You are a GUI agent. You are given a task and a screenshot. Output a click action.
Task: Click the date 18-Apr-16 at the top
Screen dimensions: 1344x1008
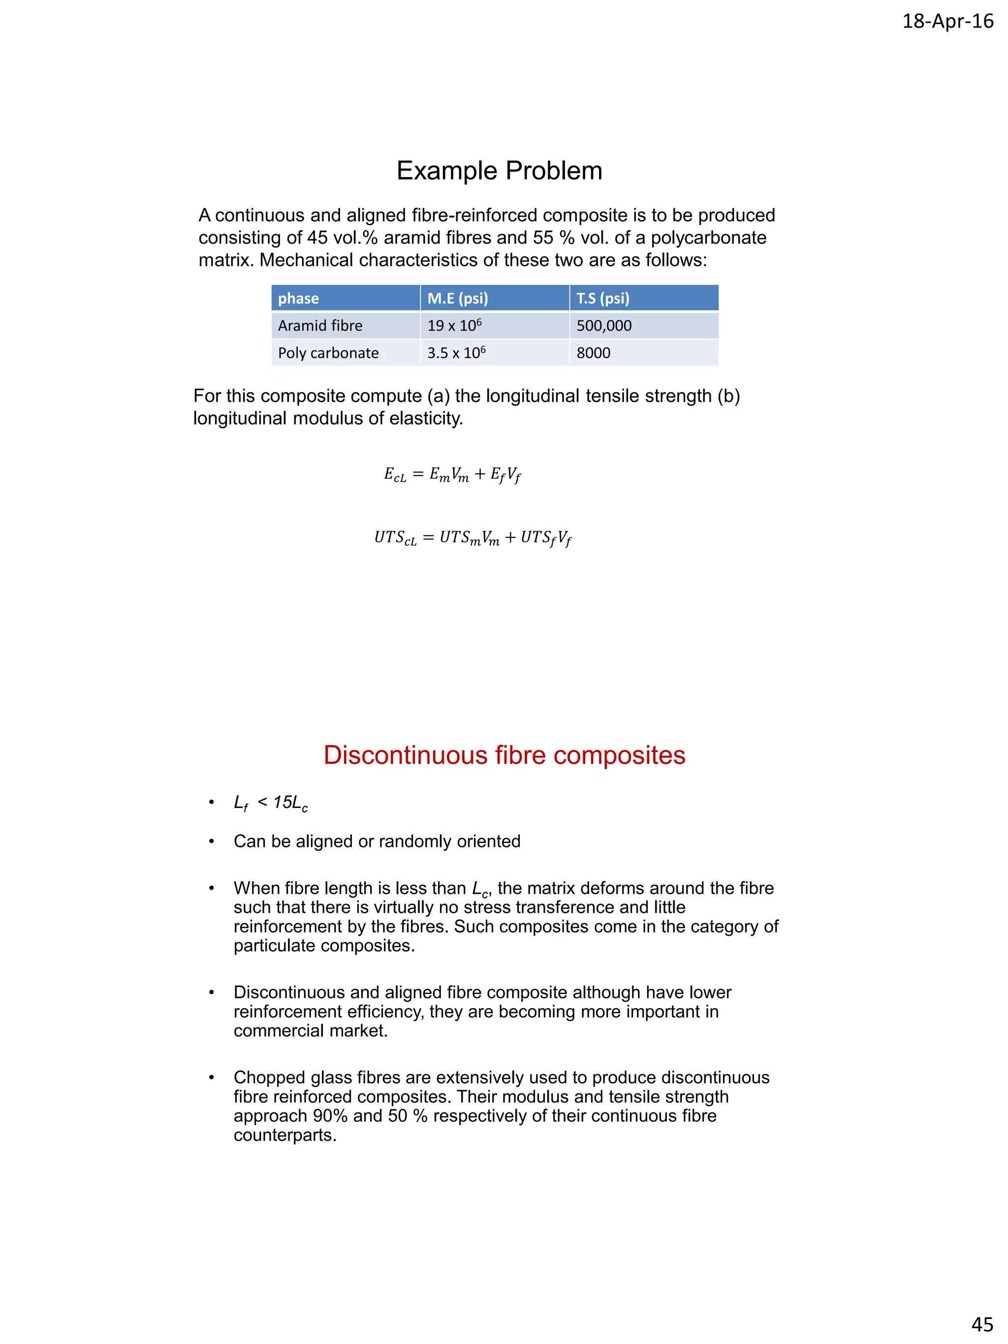947,21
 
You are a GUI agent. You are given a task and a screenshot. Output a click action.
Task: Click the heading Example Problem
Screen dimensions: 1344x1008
499,171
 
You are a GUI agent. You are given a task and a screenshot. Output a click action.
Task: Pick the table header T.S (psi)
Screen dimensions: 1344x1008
603,298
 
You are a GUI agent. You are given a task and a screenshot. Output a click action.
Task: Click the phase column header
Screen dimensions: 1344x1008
298,298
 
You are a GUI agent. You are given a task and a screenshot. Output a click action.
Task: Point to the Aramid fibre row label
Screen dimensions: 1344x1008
320,326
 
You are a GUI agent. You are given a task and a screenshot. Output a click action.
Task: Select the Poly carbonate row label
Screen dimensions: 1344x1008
328,353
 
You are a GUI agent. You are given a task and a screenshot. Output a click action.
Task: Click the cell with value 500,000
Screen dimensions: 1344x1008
604,326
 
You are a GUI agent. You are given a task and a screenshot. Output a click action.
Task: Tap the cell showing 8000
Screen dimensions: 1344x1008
593,353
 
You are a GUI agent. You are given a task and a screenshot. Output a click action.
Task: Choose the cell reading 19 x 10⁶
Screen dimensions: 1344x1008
454,326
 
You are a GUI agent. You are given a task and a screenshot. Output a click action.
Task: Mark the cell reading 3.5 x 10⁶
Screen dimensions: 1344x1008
456,353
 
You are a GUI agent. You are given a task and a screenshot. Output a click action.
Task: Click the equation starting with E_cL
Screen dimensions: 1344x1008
452,474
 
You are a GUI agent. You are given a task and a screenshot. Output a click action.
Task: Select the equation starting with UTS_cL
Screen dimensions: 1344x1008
472,538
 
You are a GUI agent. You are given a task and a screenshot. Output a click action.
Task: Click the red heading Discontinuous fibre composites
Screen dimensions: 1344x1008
504,755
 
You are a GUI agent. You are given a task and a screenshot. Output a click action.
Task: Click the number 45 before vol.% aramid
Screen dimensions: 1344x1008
316,238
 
